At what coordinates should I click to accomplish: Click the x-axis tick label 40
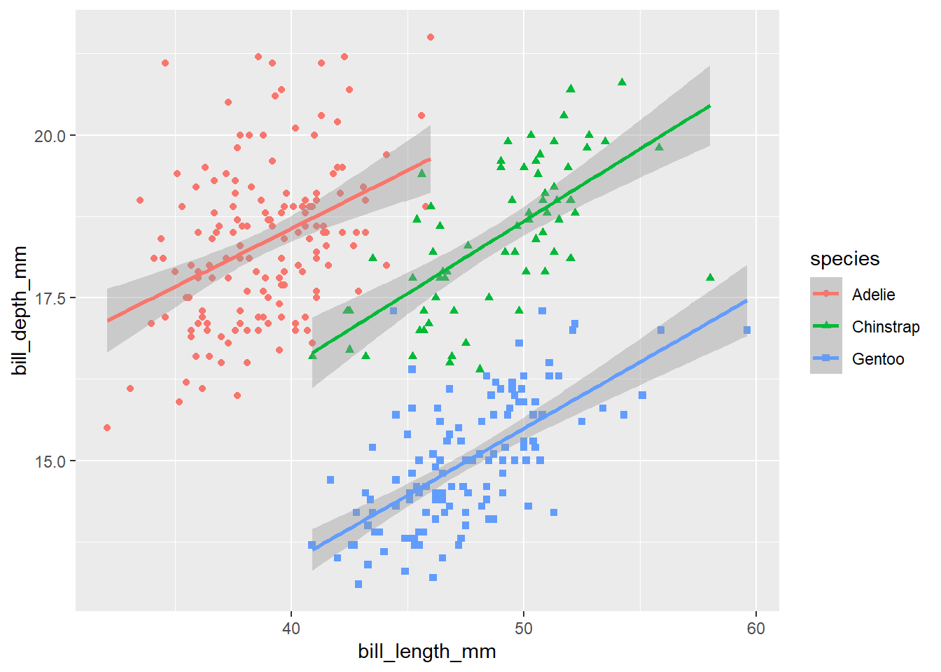pos(291,628)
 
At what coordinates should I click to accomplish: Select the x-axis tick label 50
pos(523,628)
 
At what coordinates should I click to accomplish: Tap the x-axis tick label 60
pos(756,628)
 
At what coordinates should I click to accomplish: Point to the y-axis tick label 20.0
pos(50,136)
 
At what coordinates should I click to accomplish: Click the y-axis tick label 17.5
pos(50,299)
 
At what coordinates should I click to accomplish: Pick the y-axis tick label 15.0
pos(50,461)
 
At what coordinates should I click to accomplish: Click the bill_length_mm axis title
pos(426,652)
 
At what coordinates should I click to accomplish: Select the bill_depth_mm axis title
pos(20,310)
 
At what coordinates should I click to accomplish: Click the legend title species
pos(844,259)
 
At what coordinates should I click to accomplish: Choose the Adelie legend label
pos(873,295)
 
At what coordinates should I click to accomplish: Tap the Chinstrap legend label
pos(885,327)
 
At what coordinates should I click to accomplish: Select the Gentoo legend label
pos(877,359)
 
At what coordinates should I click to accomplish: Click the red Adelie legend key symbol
pos(826,294)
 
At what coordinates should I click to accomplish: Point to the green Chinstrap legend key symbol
pos(826,326)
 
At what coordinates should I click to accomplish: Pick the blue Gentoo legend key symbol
pos(826,358)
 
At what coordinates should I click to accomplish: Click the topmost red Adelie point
pos(431,37)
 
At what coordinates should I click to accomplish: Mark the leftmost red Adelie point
pos(107,428)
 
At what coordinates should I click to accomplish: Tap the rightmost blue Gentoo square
pos(747,330)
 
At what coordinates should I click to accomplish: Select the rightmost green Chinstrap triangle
pos(710,277)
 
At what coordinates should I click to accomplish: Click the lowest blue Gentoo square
pos(358,584)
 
